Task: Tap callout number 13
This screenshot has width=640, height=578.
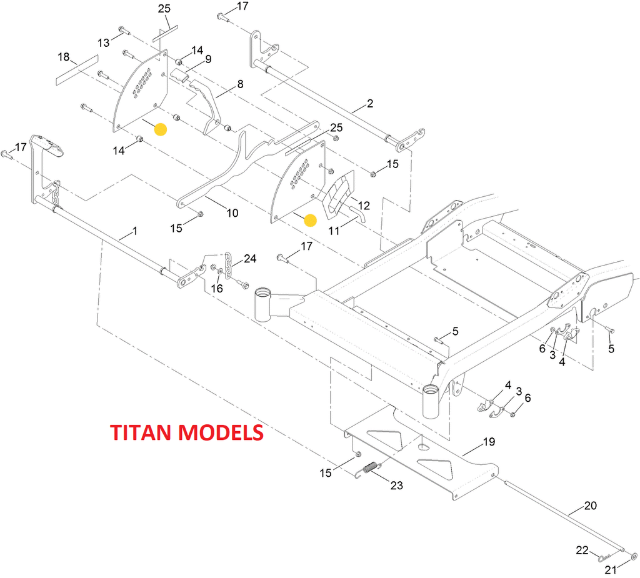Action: (x=103, y=42)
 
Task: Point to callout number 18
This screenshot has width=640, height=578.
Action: (x=64, y=57)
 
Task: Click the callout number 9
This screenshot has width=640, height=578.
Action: (x=208, y=59)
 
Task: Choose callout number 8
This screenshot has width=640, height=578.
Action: (x=240, y=84)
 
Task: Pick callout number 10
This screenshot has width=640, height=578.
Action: (x=232, y=212)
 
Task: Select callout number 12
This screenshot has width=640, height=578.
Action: (x=364, y=205)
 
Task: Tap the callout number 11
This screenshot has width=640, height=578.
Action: (x=334, y=231)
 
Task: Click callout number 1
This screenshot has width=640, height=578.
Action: (x=135, y=231)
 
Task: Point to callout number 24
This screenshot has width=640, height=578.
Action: (x=250, y=258)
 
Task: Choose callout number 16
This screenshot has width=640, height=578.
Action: (x=217, y=288)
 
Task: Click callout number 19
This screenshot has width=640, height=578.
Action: (x=489, y=442)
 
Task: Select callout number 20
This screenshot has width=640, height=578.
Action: (x=591, y=506)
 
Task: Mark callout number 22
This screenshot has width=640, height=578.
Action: (x=582, y=551)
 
